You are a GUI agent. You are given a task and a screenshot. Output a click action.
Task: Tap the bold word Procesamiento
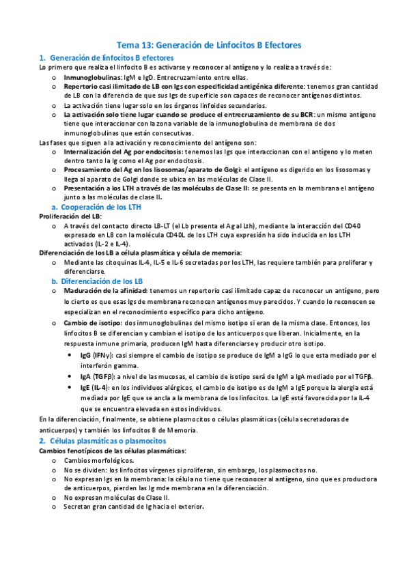[90, 169]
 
